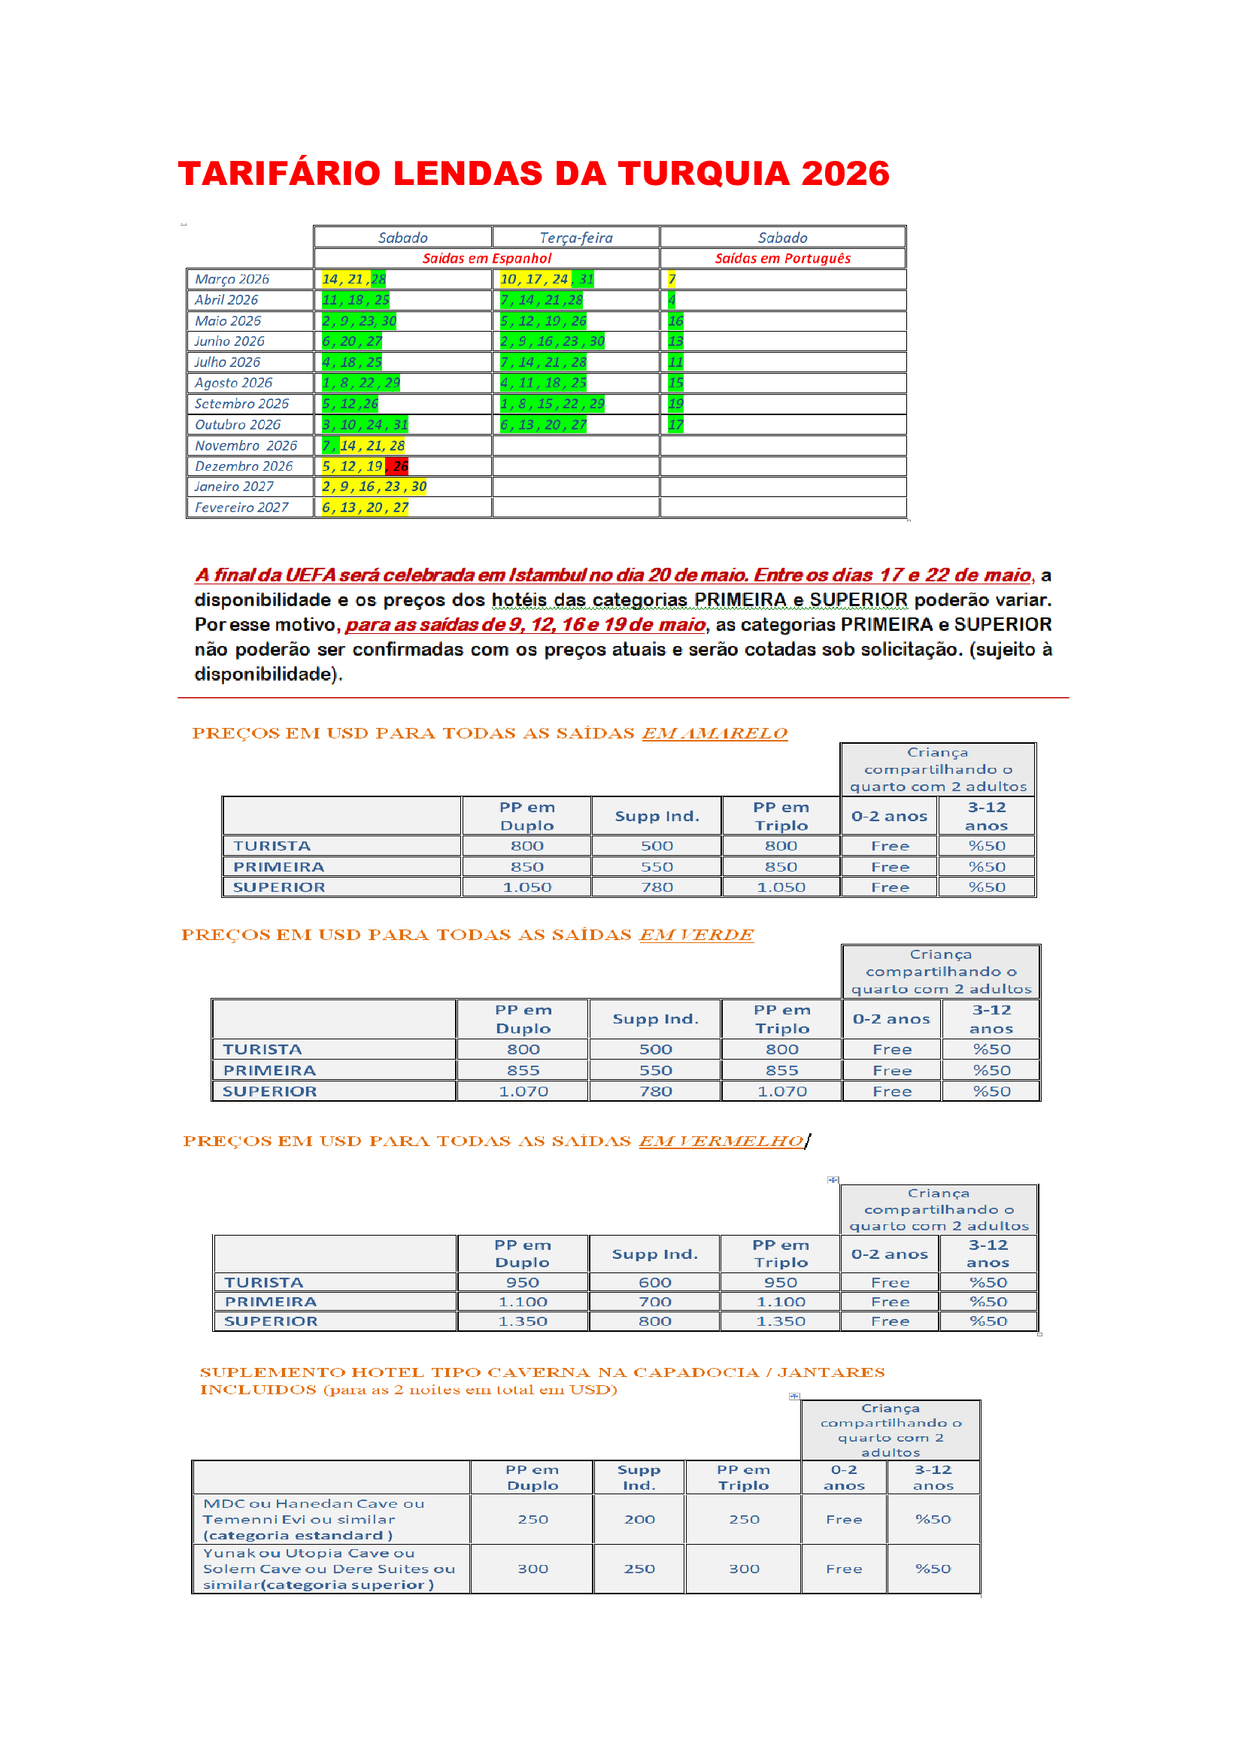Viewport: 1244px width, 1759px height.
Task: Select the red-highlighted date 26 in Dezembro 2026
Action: (400, 466)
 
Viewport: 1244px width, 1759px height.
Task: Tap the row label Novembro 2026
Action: (246, 445)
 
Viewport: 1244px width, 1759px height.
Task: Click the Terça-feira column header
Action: (575, 238)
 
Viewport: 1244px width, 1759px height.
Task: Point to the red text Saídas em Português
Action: (782, 258)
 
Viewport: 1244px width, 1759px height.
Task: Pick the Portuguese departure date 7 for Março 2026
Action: (672, 279)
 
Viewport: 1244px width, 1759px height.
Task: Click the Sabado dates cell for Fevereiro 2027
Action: (365, 507)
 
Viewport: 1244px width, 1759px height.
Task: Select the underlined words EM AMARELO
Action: (714, 733)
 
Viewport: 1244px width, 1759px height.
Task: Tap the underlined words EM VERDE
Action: (696, 935)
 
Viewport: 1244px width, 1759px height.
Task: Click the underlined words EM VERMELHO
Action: (721, 1141)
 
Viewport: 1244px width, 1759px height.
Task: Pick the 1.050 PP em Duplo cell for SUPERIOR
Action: (526, 887)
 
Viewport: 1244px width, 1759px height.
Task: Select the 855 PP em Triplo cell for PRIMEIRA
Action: (781, 1070)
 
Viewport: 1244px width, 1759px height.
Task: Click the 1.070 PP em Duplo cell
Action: (523, 1091)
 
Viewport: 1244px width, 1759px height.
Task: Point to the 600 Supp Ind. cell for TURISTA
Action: (655, 1282)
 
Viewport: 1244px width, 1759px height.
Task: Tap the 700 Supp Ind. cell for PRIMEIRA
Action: (655, 1302)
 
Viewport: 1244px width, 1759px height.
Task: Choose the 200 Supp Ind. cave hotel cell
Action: (639, 1519)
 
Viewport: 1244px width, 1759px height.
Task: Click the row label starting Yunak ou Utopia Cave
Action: (329, 1568)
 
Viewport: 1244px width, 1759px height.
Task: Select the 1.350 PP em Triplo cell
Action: (781, 1321)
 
